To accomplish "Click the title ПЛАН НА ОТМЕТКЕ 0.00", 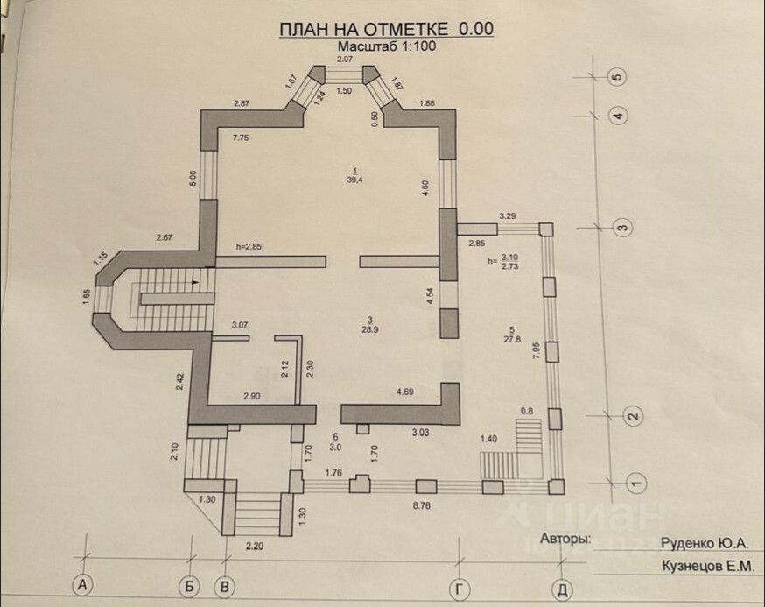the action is (386, 29).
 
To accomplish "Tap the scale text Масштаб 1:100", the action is (386, 47).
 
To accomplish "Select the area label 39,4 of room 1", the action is (355, 180).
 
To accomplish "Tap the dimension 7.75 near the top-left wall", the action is (242, 138).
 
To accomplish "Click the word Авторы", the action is (566, 538).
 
